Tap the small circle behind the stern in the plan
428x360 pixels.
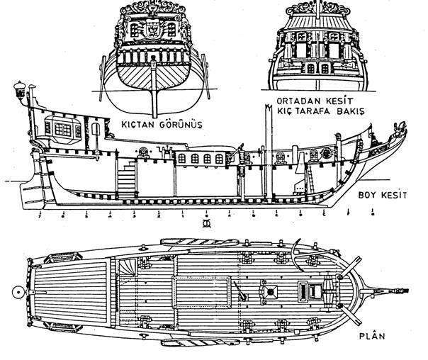pyautogui.click(x=16, y=290)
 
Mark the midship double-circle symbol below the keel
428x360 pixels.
pyautogui.click(x=207, y=224)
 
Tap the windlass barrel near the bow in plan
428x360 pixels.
pyautogui.click(x=309, y=290)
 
